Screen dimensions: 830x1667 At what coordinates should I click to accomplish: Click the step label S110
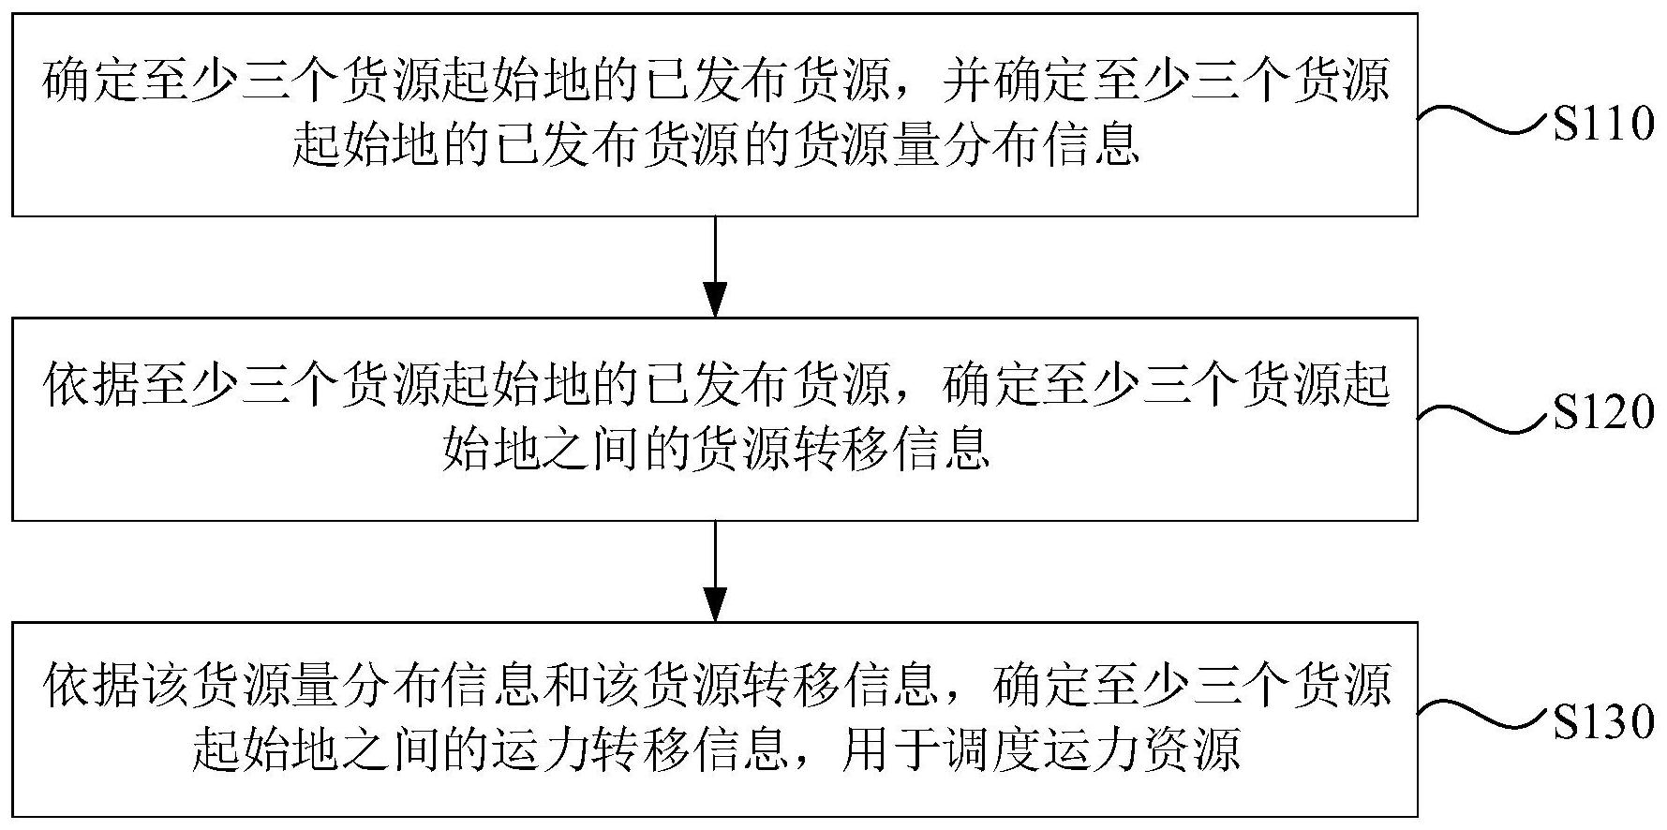[1603, 124]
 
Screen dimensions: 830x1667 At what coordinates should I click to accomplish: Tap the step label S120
[1603, 412]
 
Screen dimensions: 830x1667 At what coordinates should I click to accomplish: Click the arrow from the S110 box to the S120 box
[715, 267]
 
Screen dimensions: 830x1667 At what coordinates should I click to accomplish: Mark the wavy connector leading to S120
[1481, 417]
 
